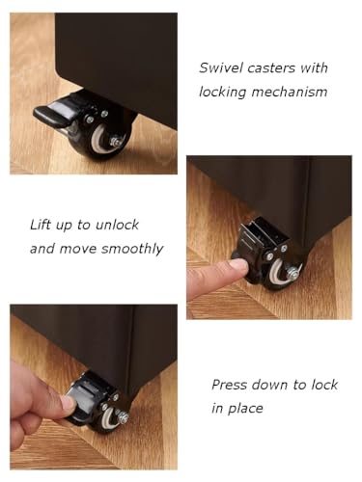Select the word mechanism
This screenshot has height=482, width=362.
point(290,92)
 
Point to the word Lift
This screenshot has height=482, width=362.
point(40,225)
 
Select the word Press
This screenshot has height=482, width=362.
point(229,385)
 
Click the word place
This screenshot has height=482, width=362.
point(245,409)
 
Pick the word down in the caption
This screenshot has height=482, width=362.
point(269,385)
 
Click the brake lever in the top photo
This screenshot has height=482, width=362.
point(51,114)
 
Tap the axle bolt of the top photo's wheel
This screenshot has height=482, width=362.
point(116,142)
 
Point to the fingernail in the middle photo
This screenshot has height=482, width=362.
point(238,265)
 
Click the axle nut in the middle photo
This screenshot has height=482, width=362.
point(293,273)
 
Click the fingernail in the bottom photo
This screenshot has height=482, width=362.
point(68,403)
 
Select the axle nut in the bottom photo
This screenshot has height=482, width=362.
point(124,418)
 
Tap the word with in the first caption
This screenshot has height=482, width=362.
point(314,68)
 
